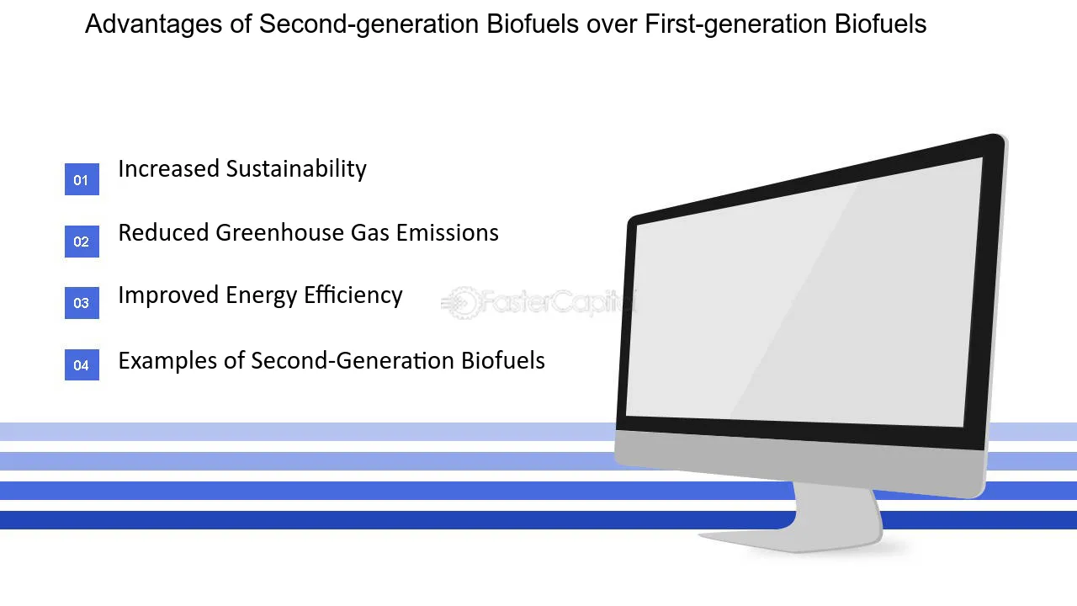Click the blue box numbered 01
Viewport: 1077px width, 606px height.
[82, 179]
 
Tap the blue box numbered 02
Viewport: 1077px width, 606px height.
[82, 242]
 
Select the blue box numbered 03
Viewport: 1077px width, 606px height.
[82, 303]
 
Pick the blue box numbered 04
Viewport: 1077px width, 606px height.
[82, 365]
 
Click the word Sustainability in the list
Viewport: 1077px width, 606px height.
[296, 169]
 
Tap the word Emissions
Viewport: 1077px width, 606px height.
[447, 233]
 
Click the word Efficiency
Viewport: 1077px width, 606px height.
[353, 295]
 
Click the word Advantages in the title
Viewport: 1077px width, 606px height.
[153, 24]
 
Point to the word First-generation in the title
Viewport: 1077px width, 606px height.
[735, 24]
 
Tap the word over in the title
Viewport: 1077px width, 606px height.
[612, 25]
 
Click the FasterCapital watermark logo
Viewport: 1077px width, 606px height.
[538, 302]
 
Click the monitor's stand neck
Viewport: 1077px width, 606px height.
[837, 510]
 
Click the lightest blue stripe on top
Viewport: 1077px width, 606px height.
[308, 432]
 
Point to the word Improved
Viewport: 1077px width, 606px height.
[168, 296]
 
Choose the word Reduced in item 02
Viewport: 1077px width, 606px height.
[163, 233]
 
